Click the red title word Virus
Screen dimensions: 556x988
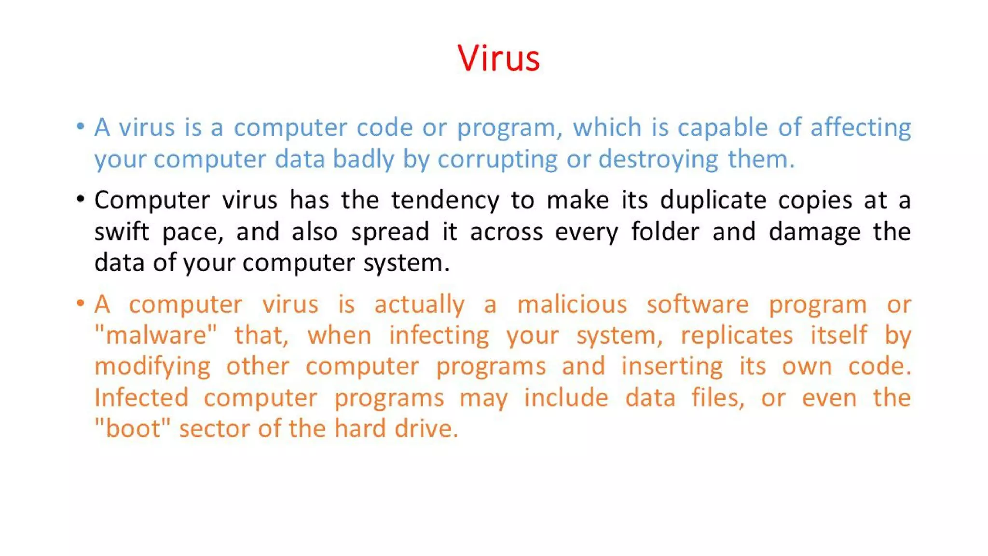498,58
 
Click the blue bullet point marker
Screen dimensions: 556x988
81,126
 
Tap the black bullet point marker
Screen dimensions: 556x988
81,199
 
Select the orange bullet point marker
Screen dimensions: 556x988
81,303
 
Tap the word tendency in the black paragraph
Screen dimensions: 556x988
445,200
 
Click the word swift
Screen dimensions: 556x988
122,232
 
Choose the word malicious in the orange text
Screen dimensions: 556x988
572,305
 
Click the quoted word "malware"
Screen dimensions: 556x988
156,335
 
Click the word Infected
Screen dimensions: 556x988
141,398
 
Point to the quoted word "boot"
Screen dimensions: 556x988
133,429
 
